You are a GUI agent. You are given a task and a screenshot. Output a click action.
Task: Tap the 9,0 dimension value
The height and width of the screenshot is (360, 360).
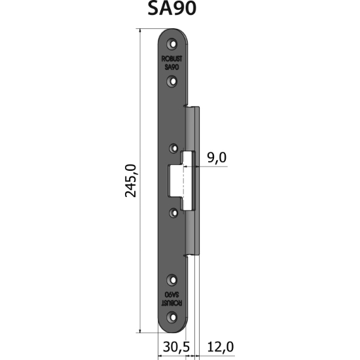(x=215, y=157)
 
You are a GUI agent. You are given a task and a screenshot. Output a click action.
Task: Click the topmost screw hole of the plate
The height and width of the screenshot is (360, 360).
(x=173, y=45)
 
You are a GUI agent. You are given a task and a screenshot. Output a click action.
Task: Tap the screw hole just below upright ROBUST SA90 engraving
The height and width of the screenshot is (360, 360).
(x=173, y=81)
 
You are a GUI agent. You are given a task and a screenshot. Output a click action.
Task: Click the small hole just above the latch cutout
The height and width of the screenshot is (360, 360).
(x=173, y=148)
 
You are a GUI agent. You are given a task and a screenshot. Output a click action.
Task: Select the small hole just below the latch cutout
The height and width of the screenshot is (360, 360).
(x=173, y=211)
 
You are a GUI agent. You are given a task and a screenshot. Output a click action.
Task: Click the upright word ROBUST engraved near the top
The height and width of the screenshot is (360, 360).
(x=173, y=60)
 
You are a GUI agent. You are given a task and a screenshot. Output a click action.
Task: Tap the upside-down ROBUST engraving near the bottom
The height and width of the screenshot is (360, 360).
(x=173, y=303)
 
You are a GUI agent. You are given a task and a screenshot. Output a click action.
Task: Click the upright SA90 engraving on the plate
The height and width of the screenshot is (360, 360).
(x=173, y=67)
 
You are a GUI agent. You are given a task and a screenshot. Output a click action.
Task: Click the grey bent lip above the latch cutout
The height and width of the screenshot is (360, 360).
(x=192, y=128)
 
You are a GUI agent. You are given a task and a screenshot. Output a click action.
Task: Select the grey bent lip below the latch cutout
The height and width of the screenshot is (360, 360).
(x=192, y=232)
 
